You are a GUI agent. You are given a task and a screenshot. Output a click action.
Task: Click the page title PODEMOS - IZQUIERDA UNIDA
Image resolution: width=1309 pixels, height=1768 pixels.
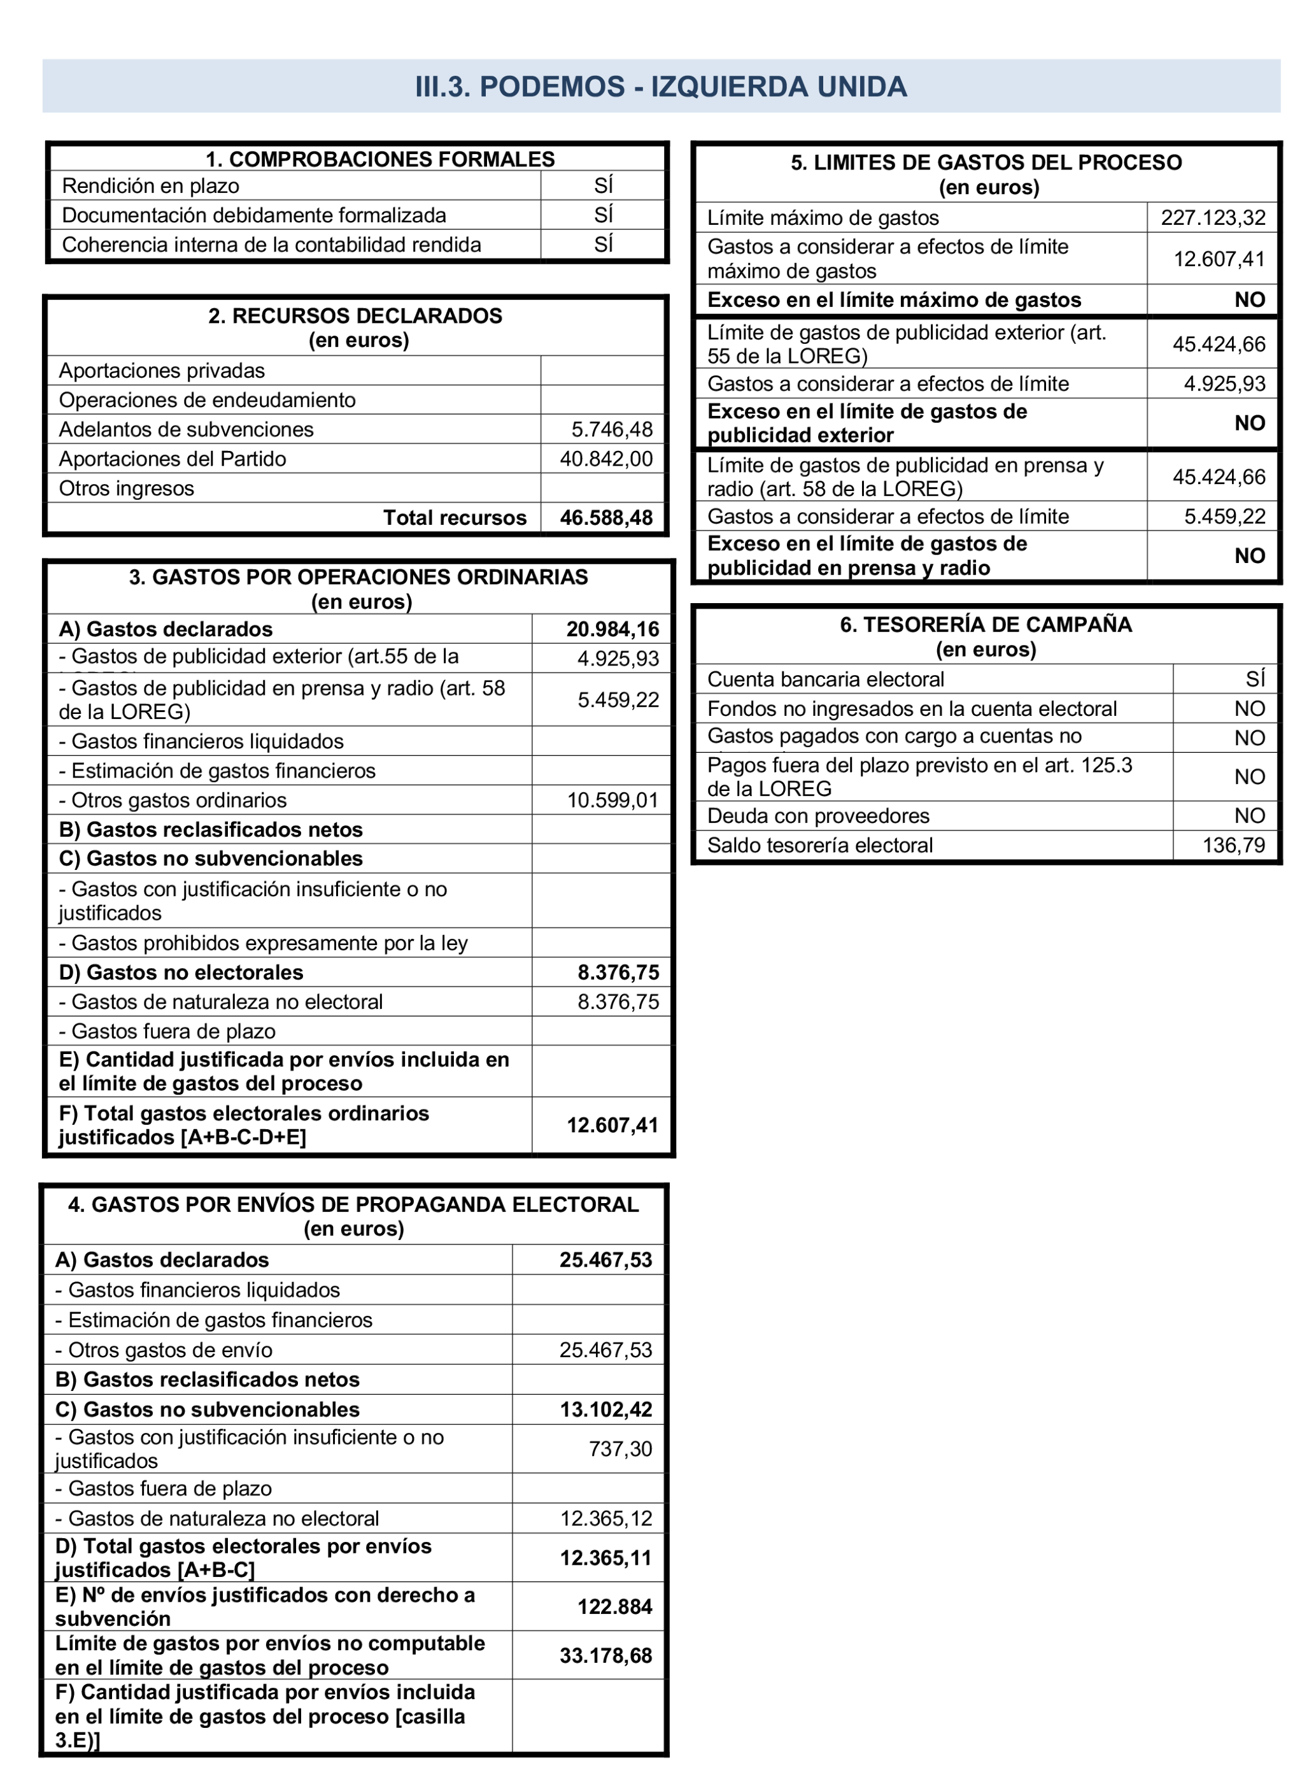pyautogui.click(x=661, y=87)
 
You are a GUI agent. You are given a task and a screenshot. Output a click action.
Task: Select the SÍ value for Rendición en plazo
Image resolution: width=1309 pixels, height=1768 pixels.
pyautogui.click(x=603, y=185)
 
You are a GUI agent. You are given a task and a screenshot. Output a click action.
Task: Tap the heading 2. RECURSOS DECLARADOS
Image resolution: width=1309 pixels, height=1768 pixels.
pyautogui.click(x=355, y=315)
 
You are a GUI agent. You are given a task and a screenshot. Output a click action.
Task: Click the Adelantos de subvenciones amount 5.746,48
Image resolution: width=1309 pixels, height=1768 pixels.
pyautogui.click(x=612, y=429)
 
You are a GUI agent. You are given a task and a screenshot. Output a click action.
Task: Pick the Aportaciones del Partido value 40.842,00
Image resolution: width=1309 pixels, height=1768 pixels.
pyautogui.click(x=606, y=459)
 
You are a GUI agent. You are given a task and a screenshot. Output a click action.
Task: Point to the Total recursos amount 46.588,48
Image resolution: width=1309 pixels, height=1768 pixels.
pyautogui.click(x=606, y=518)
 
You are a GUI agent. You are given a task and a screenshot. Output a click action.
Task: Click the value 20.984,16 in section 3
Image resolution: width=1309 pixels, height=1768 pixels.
pyautogui.click(x=612, y=629)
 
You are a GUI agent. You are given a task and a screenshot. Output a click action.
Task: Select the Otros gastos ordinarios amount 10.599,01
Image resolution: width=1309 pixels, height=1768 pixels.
pyautogui.click(x=612, y=801)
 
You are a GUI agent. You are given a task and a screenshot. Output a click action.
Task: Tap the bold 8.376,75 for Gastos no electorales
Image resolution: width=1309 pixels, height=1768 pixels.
pyautogui.click(x=618, y=973)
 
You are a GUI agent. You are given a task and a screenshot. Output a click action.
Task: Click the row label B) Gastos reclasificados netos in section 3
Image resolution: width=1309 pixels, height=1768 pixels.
pyautogui.click(x=211, y=830)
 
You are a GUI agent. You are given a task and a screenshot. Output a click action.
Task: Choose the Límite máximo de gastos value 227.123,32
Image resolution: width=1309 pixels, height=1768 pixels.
pyautogui.click(x=1212, y=218)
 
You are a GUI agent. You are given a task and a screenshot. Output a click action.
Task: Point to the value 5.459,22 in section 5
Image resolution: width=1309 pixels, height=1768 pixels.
pyautogui.click(x=1224, y=517)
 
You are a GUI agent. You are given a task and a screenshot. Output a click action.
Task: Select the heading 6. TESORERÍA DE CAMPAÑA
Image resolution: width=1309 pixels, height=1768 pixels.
pyautogui.click(x=986, y=624)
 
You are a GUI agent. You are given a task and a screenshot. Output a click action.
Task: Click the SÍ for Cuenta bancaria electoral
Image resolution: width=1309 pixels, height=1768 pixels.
pyautogui.click(x=1254, y=679)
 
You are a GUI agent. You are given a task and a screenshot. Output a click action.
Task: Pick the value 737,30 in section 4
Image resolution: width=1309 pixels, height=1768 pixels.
pyautogui.click(x=619, y=1449)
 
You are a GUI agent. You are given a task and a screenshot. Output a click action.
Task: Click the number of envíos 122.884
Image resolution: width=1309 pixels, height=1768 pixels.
pyautogui.click(x=614, y=1606)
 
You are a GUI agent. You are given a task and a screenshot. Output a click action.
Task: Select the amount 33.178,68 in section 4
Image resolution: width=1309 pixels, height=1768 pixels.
pyautogui.click(x=605, y=1655)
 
